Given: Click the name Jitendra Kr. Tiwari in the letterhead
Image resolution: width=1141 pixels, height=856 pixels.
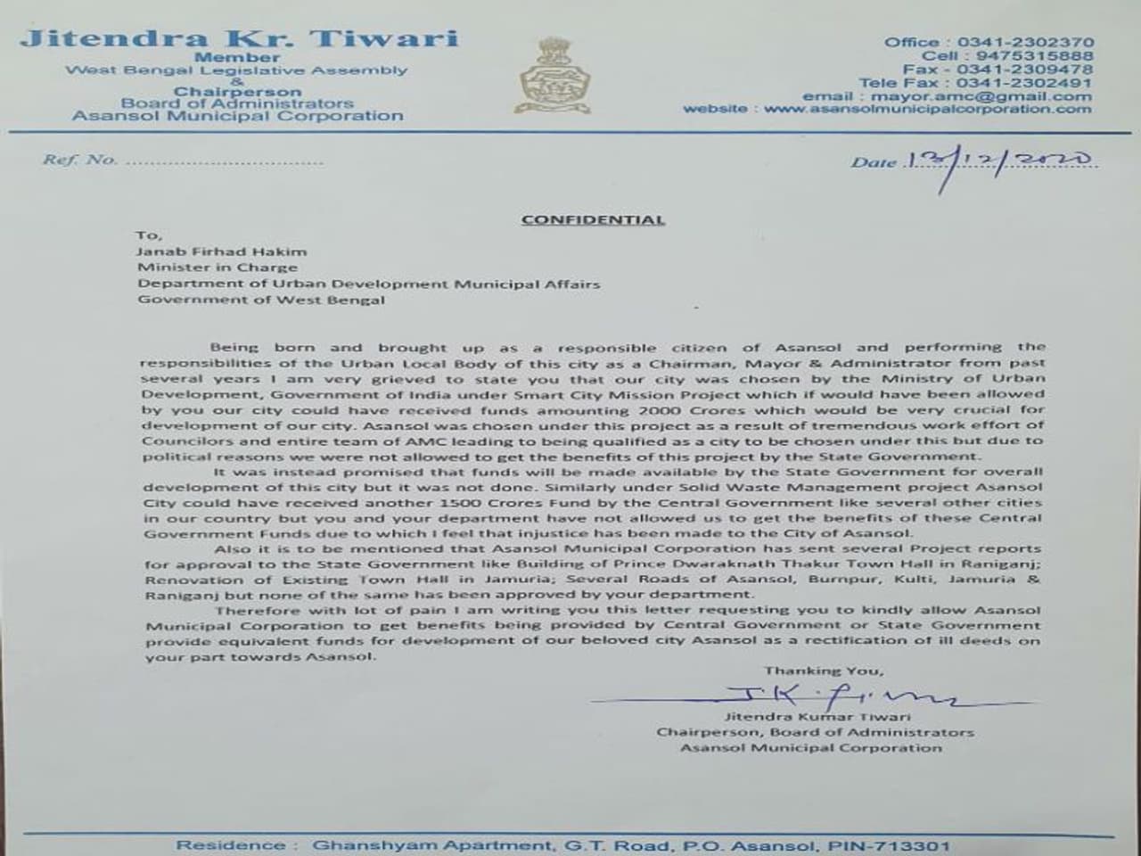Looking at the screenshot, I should pyautogui.click(x=239, y=38).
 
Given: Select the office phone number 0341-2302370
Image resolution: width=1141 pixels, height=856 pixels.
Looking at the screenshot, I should pyautogui.click(x=1025, y=42).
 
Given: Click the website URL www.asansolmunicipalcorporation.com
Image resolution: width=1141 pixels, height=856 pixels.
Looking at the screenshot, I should pyautogui.click(x=927, y=109).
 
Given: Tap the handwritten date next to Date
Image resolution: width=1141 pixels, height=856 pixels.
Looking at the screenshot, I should pyautogui.click(x=998, y=160).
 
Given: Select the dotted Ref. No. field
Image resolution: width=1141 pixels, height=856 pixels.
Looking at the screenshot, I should pyautogui.click(x=223, y=161).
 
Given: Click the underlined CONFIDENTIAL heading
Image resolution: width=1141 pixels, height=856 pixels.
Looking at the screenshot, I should pyautogui.click(x=593, y=219).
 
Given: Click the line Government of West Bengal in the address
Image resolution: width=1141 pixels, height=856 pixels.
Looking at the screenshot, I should pyautogui.click(x=261, y=300).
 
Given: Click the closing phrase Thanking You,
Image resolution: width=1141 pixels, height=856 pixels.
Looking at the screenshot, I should pyautogui.click(x=823, y=671).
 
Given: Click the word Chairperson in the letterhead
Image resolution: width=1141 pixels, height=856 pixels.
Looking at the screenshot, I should pyautogui.click(x=237, y=92).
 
